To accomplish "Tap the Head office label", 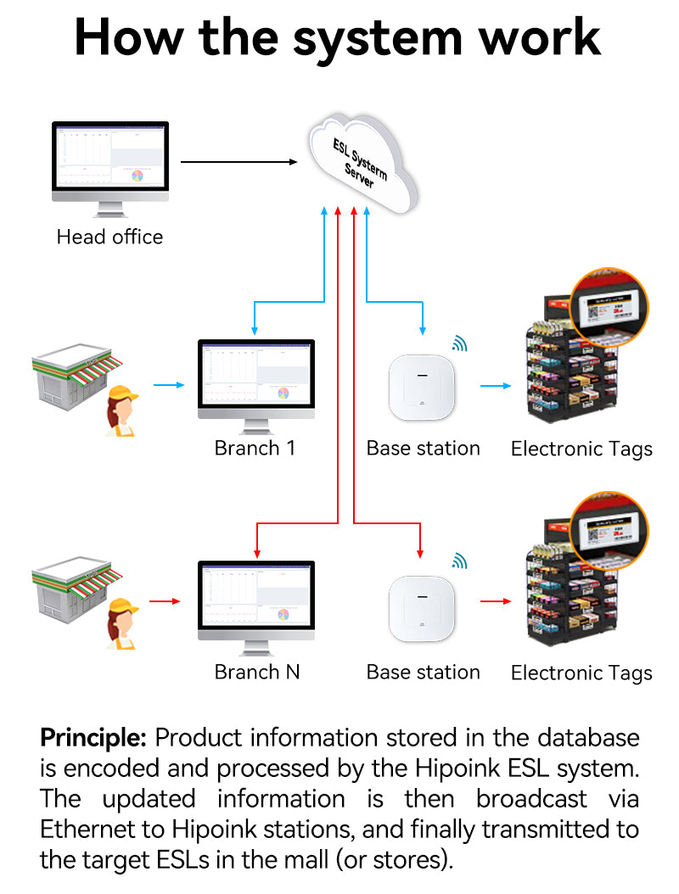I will pos(109,237).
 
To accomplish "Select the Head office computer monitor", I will pos(110,161).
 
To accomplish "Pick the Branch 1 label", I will pos(255,448).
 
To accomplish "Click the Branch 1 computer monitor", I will pos(255,377).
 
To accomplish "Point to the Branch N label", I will pos(257,672).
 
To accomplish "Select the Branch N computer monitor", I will pos(255,601).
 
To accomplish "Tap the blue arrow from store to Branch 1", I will pos(168,385).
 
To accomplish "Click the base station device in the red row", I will pos(423,609).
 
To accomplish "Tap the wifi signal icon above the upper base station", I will pos(459,343).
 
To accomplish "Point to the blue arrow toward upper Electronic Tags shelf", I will pos(493,386).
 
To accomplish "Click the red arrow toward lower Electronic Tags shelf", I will pos(493,601).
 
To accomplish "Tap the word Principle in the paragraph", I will pos(93,737).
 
